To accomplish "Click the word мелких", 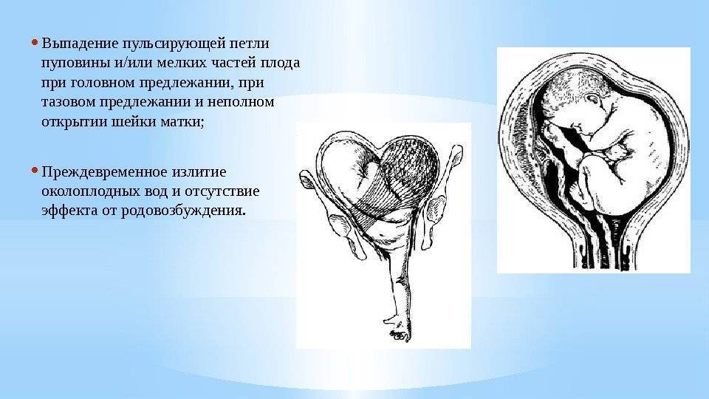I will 176,61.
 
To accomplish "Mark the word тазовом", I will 72,100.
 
